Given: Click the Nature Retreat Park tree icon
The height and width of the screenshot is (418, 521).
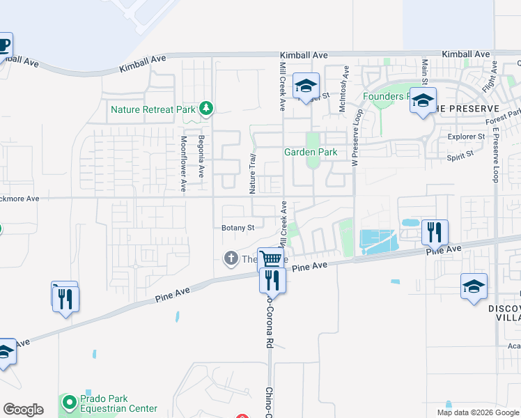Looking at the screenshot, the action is (x=205, y=108).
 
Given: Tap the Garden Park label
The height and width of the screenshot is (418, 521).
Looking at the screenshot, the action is (x=310, y=152).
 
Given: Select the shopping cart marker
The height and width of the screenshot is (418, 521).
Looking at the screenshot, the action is (x=272, y=259).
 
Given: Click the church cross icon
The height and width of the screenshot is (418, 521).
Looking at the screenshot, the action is (x=231, y=259).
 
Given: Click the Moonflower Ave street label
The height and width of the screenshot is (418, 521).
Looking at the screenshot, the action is (x=184, y=164).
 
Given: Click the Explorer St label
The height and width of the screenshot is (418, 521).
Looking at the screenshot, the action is (x=466, y=137).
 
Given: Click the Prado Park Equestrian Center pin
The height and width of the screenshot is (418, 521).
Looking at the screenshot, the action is (x=69, y=402).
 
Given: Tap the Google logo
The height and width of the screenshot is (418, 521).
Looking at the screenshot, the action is (x=23, y=410).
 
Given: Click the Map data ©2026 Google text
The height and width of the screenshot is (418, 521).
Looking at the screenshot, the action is (x=477, y=412).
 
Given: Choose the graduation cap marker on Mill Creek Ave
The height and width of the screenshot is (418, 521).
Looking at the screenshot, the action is (x=306, y=86).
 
